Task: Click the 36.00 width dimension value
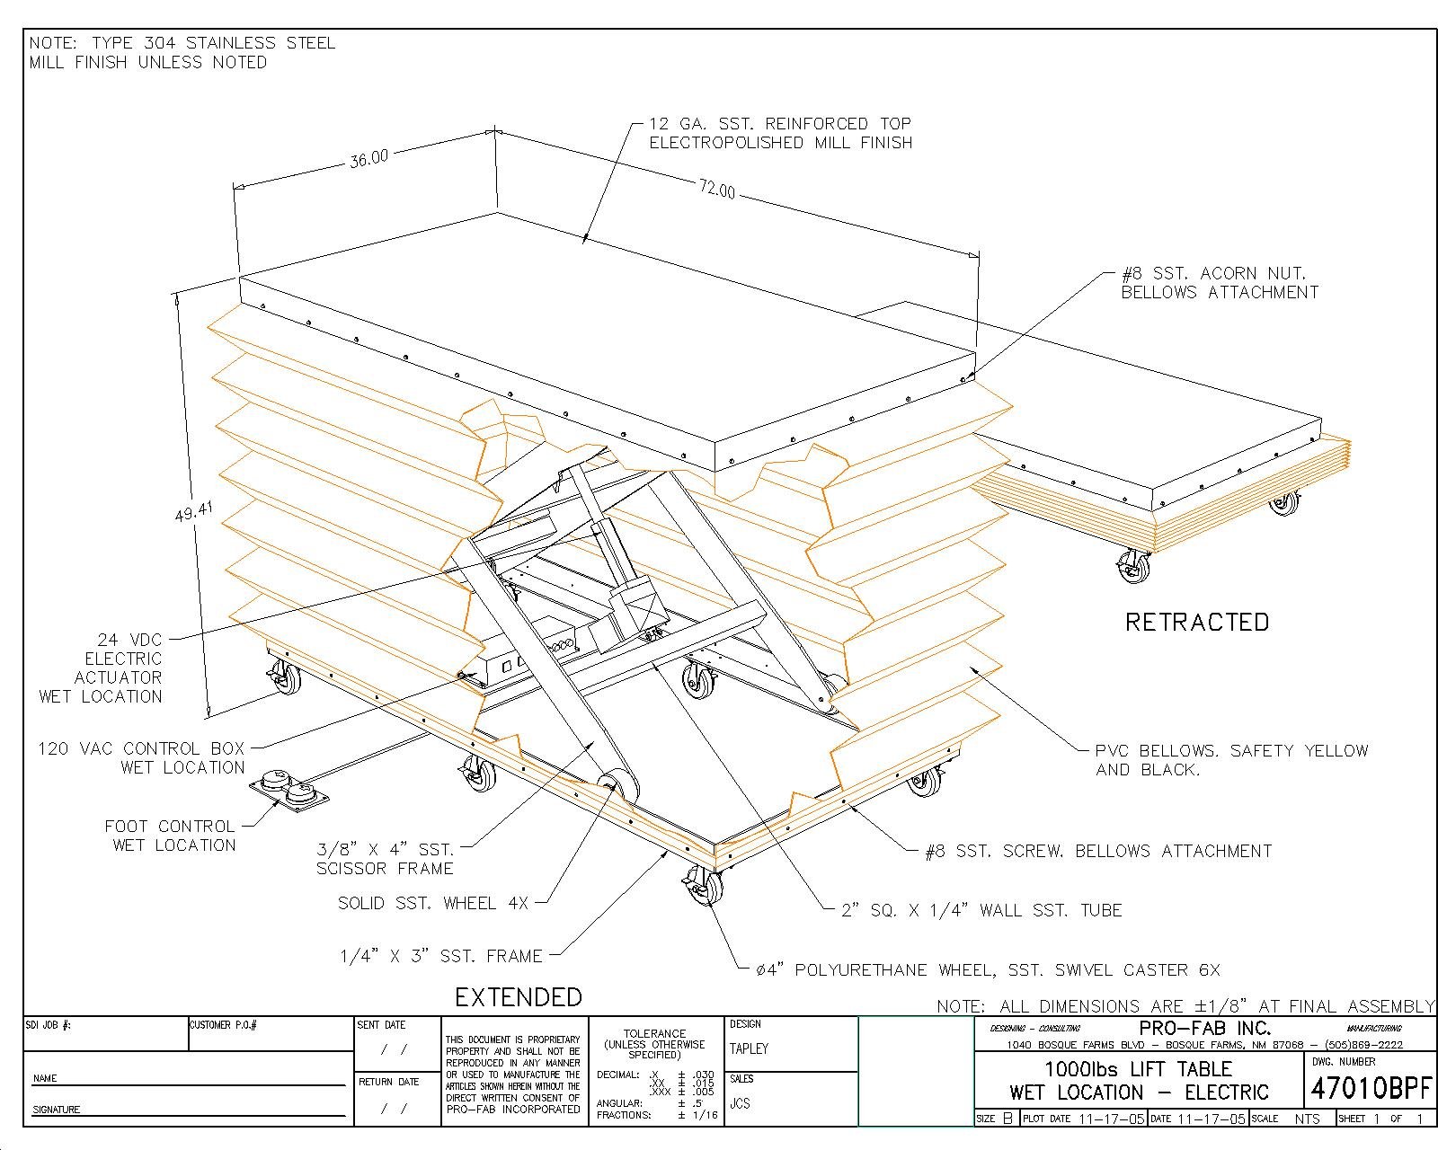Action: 369,157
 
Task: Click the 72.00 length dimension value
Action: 716,190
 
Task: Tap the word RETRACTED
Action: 1197,622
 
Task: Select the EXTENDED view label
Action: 519,997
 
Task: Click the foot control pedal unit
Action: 288,791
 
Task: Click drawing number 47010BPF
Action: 1371,1089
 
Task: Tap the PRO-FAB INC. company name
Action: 1204,1029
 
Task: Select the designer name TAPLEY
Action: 749,1048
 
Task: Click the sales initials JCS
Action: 740,1103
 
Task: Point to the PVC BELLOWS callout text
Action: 1230,760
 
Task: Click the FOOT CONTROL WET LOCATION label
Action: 170,836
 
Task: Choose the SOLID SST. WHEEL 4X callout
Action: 432,903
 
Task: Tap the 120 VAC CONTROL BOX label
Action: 141,757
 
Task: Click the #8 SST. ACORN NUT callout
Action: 1220,282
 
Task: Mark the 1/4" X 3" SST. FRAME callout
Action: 440,957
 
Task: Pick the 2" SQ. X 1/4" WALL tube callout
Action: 981,910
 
